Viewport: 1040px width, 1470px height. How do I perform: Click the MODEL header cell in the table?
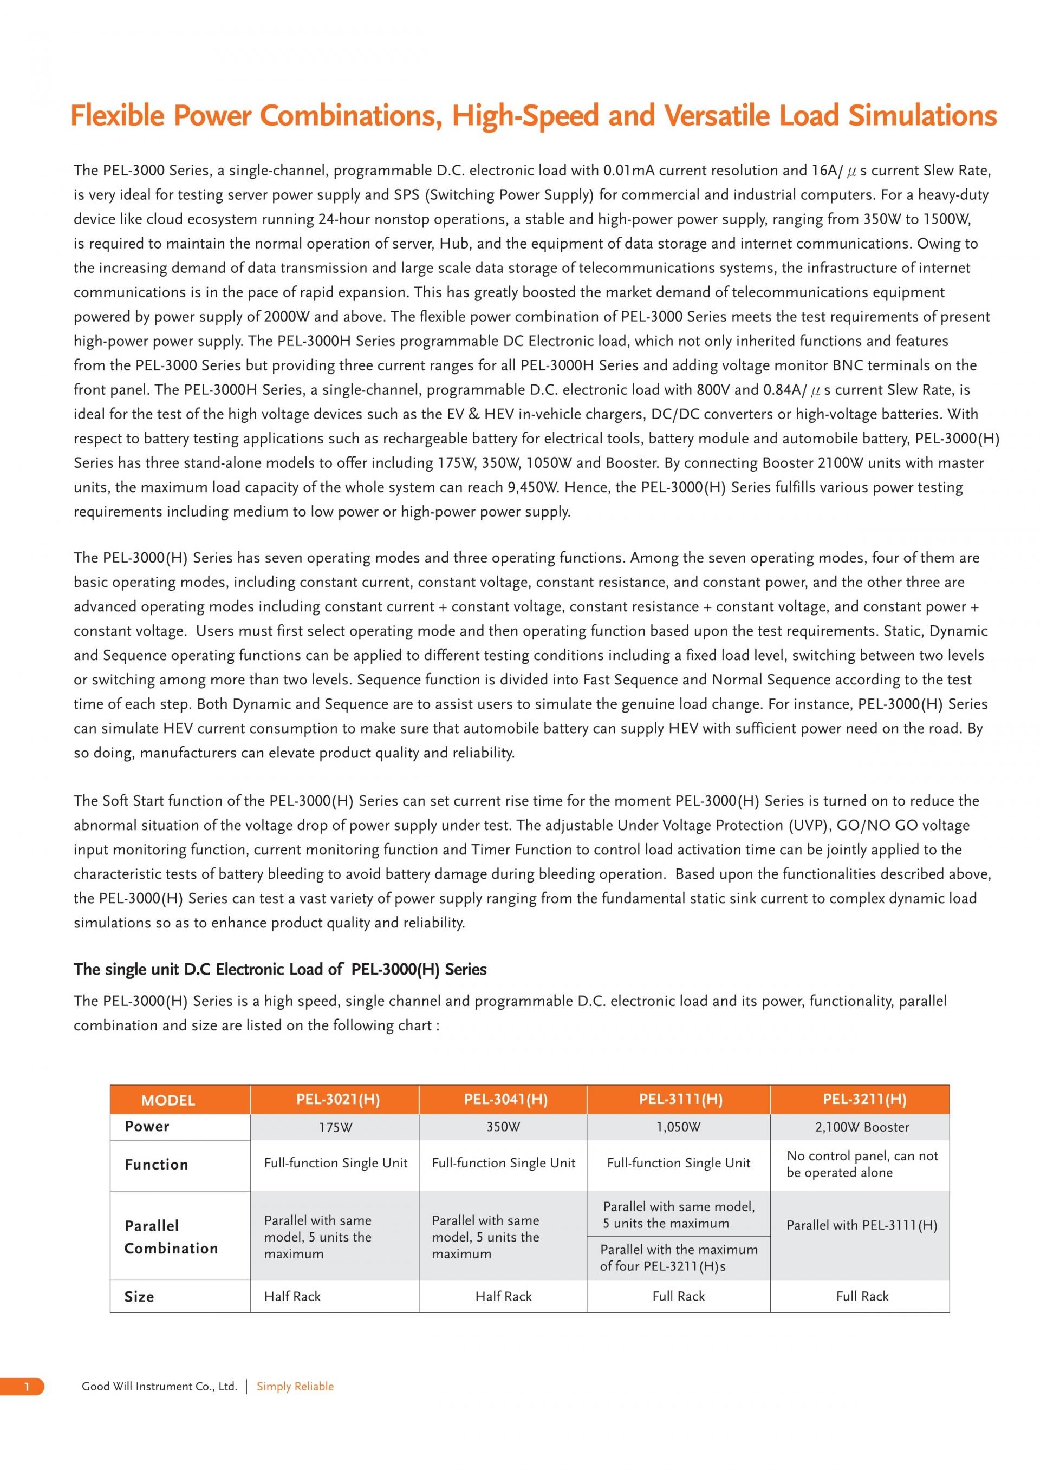168,1100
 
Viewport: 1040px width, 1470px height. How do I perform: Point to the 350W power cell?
503,1127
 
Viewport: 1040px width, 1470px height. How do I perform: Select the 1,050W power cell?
678,1127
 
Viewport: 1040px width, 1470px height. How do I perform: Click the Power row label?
147,1126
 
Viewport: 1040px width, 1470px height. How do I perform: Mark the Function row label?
156,1165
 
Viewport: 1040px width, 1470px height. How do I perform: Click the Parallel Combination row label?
171,1236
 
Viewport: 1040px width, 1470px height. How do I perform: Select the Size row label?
139,1297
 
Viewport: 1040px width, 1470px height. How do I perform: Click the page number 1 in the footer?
27,1386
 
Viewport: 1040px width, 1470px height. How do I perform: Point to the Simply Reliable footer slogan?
295,1386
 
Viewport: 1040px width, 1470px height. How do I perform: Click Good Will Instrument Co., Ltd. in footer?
159,1386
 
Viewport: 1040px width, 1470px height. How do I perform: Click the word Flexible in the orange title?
116,116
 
